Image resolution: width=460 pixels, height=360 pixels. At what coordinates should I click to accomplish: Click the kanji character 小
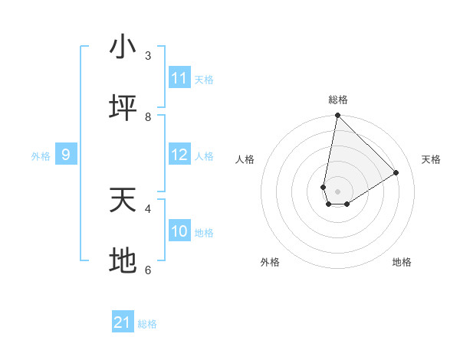point(122,47)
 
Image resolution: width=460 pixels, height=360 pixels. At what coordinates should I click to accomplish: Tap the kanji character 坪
point(122,109)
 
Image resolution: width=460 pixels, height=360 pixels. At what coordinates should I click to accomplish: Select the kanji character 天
point(122,201)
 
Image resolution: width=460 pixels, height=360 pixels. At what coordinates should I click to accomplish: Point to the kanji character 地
point(122,262)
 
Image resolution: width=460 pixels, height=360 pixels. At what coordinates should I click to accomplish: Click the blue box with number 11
point(179,78)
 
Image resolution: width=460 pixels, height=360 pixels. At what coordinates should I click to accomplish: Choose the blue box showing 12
point(179,155)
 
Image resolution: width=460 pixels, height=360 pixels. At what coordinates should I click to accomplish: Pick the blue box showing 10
point(179,231)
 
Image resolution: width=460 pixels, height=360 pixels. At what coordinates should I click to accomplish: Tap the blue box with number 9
point(66,155)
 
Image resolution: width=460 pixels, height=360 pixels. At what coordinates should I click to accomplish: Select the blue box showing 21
point(123,322)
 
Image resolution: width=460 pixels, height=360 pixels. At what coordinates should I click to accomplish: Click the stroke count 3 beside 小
point(148,55)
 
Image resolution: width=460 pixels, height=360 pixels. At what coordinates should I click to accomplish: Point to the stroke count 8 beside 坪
point(148,116)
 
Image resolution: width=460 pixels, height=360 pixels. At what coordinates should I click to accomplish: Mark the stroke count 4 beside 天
point(148,208)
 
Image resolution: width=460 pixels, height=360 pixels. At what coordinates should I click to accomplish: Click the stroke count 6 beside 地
point(148,270)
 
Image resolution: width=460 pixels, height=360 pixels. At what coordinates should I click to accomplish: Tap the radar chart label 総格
point(338,100)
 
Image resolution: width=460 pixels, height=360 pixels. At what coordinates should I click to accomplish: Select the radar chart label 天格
point(431,159)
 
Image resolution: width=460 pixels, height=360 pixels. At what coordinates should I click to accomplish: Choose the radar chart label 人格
point(245,159)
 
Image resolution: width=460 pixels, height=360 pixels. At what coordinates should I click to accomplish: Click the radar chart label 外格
point(270,262)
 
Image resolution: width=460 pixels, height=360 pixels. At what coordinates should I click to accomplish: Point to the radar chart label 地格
point(402,262)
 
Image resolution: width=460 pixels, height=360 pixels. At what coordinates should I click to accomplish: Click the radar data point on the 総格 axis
point(337,116)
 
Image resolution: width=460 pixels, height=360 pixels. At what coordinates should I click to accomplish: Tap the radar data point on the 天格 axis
point(396,172)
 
